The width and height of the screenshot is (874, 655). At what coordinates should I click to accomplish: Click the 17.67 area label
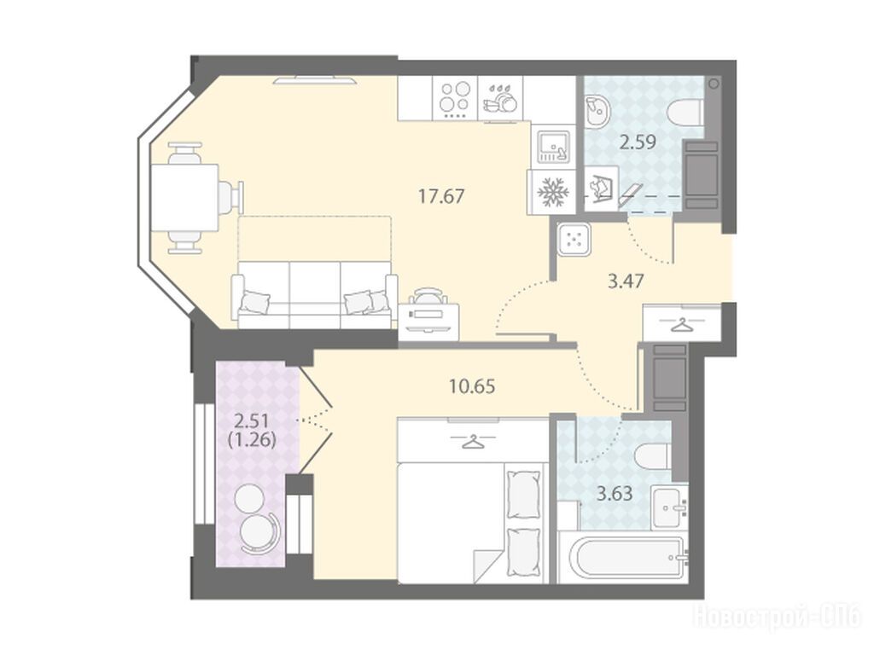pyautogui.click(x=441, y=197)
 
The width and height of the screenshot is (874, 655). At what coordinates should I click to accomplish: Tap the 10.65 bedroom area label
pyautogui.click(x=472, y=386)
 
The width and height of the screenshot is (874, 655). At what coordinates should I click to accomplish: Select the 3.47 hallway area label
pyautogui.click(x=626, y=281)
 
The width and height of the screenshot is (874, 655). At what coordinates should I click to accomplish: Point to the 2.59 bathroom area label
pyautogui.click(x=638, y=142)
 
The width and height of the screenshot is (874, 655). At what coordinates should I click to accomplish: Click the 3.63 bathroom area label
pyautogui.click(x=615, y=494)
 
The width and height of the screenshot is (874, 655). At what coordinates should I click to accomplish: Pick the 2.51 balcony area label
pyautogui.click(x=253, y=418)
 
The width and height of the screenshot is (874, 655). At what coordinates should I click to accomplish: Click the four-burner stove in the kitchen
pyautogui.click(x=455, y=99)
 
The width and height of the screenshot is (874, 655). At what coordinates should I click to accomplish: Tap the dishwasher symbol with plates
pyautogui.click(x=500, y=99)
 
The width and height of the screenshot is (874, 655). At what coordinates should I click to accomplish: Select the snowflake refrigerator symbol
pyautogui.click(x=552, y=192)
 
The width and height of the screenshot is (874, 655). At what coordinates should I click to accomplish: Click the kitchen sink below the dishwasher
pyautogui.click(x=553, y=144)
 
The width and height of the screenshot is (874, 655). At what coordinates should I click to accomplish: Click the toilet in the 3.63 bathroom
pyautogui.click(x=653, y=457)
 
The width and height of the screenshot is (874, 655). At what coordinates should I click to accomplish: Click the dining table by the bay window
pyautogui.click(x=184, y=198)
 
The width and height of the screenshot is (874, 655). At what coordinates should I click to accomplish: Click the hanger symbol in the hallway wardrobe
pyautogui.click(x=680, y=323)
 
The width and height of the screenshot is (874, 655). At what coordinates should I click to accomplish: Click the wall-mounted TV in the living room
pyautogui.click(x=315, y=80)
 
